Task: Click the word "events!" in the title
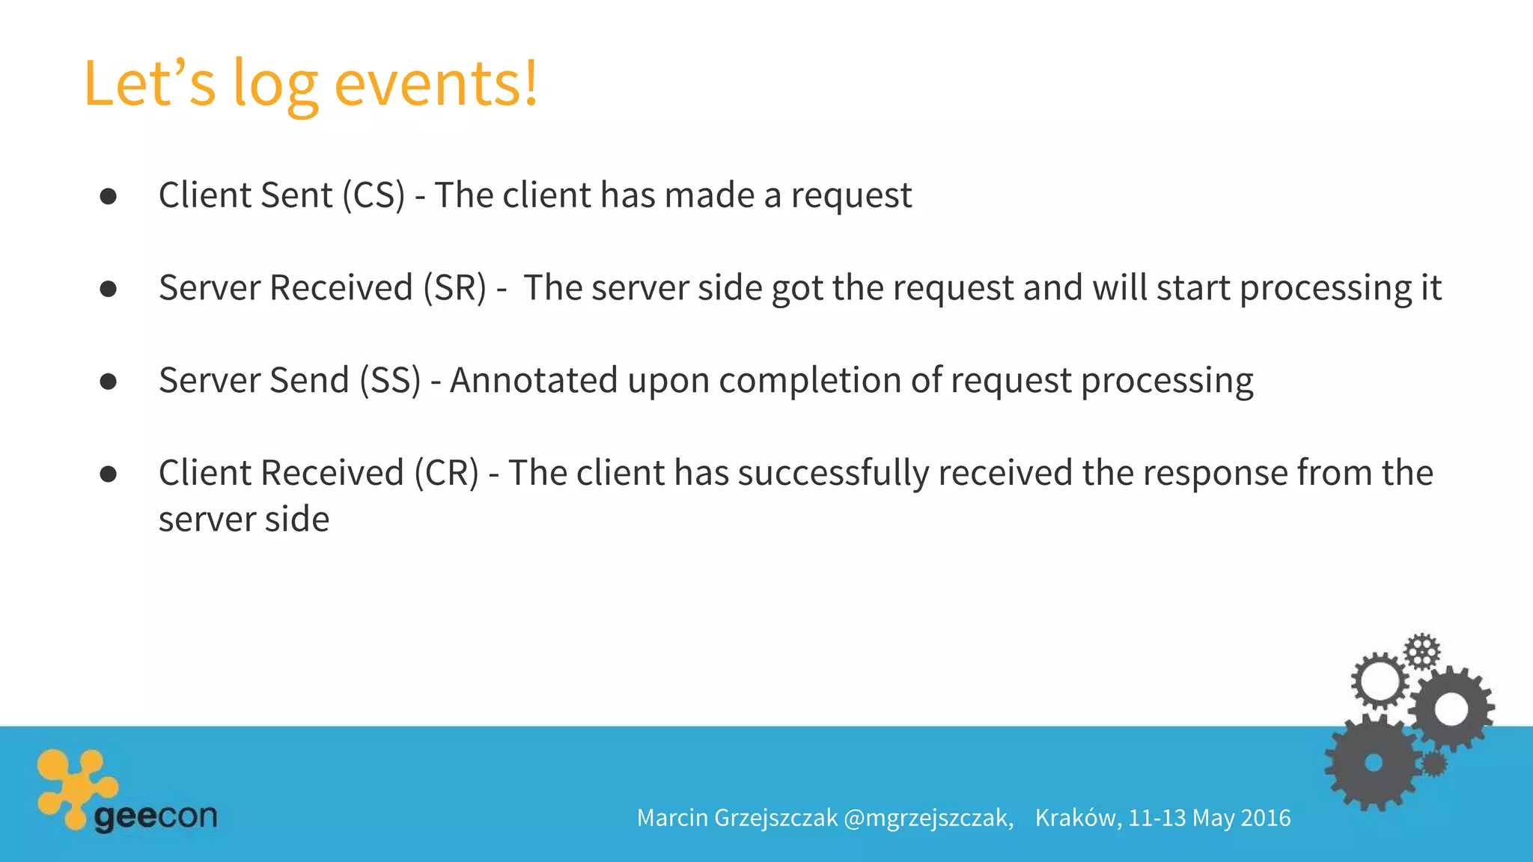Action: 436,84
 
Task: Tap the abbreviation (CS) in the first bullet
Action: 374,196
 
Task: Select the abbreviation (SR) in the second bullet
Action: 454,289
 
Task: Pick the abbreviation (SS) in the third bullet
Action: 390,381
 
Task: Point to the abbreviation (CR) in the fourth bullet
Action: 446,474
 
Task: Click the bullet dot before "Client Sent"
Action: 109,197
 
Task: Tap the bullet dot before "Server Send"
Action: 109,382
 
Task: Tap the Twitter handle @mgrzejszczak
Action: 928,818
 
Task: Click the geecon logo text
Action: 156,816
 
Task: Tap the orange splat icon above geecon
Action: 75,786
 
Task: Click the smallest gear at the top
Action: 1421,652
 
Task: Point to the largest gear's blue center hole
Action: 1374,762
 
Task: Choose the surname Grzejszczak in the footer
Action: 776,818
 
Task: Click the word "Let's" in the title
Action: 150,84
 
